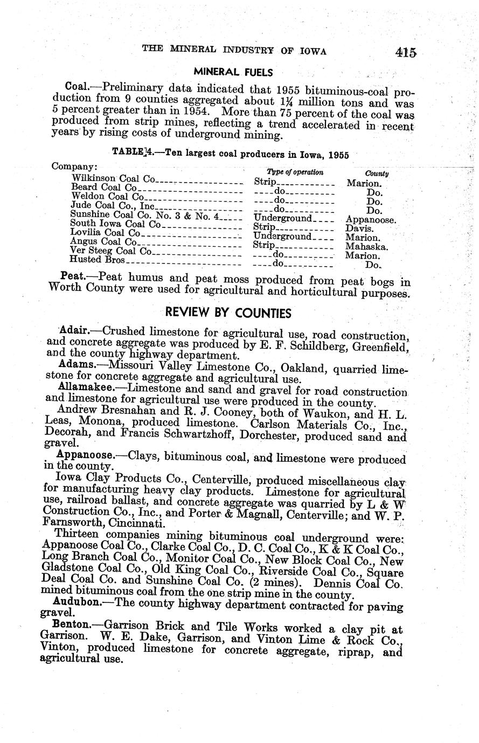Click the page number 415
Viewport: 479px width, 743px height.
click(x=405, y=52)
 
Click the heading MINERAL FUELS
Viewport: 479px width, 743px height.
click(x=233, y=72)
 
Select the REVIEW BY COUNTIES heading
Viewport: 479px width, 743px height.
click(x=228, y=313)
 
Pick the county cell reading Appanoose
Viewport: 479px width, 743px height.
click(x=371, y=220)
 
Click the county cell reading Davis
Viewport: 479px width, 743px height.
click(x=359, y=228)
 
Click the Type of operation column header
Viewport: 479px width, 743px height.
click(x=295, y=172)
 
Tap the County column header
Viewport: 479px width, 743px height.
click(x=377, y=173)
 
